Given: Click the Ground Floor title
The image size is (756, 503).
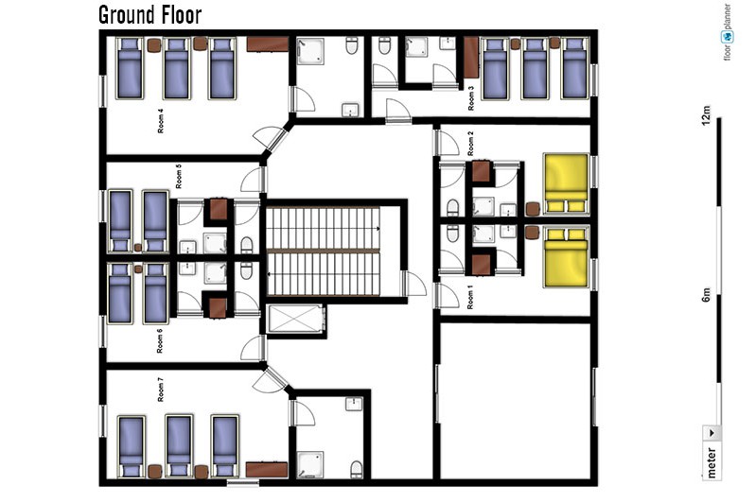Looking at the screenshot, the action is [149, 15].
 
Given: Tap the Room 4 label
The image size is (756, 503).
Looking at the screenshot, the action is [161, 121].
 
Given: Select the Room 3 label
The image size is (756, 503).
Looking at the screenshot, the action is [471, 98].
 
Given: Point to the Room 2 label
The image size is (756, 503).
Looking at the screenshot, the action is [470, 143].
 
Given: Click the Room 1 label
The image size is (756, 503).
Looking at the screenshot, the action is [470, 297].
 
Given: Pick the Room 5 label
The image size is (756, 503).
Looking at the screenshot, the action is [179, 177].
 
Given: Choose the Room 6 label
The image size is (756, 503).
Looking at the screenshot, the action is [160, 340].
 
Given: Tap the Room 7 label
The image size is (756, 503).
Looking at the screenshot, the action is [161, 390].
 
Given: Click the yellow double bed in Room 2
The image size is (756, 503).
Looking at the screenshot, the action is [567, 183].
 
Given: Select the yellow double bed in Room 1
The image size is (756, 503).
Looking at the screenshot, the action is [567, 257].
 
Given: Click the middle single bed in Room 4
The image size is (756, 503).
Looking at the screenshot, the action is [177, 68].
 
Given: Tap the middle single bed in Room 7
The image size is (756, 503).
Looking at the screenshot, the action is [179, 446].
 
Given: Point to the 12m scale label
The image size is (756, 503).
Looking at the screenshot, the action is [705, 115].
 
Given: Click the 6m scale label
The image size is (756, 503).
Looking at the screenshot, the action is [705, 294].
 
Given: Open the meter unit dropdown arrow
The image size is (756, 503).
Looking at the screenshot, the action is [712, 433].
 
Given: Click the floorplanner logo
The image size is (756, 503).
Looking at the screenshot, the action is [727, 32].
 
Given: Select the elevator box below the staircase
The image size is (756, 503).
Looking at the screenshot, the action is [295, 319].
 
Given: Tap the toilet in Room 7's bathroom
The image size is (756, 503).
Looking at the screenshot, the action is [357, 469].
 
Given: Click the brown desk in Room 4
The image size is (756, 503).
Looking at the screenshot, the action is [268, 44].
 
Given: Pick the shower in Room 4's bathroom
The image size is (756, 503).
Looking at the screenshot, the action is [310, 51].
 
